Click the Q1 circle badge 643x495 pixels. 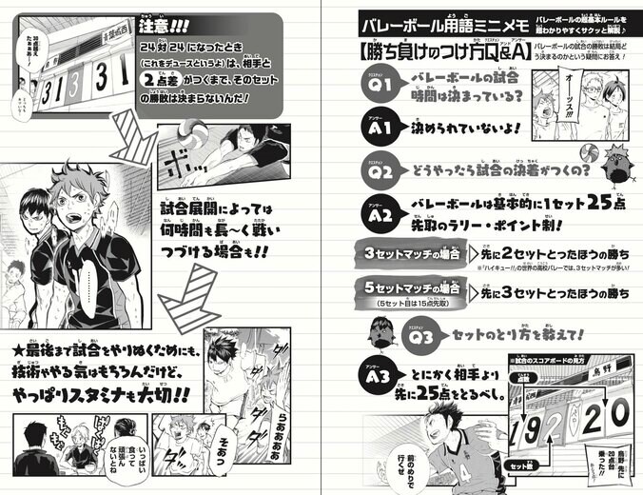click(377, 87)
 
